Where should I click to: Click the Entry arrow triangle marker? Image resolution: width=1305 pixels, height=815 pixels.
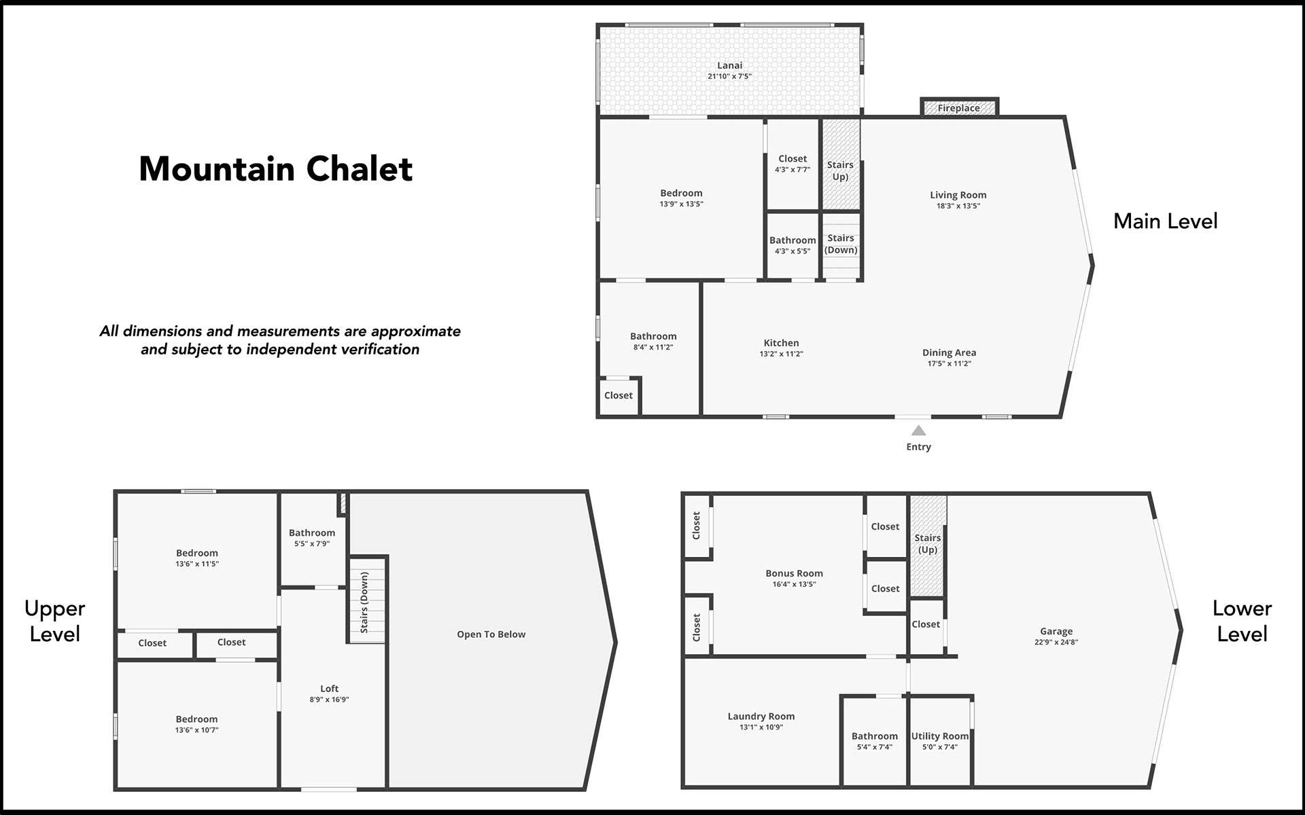tap(918, 431)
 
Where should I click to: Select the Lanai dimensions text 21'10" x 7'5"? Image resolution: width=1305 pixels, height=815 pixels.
tap(729, 77)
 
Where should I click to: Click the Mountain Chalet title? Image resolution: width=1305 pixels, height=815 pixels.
tap(276, 169)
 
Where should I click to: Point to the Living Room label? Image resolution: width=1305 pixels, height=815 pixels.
tap(958, 195)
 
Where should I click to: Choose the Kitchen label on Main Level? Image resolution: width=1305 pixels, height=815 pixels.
tap(781, 343)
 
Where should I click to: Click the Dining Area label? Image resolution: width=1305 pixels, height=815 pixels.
tap(949, 352)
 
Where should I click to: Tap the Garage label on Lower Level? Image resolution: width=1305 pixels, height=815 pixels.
tap(1056, 631)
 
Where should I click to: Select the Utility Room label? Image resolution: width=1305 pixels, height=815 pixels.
tap(940, 736)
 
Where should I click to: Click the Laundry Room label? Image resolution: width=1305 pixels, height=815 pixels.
tap(761, 717)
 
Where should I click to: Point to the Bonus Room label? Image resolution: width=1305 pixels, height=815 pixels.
tap(794, 573)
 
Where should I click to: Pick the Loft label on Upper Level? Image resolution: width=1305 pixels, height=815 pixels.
tap(329, 689)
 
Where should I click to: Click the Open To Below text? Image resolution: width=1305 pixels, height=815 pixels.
tap(491, 634)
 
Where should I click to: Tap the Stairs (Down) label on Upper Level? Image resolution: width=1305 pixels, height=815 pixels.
tap(364, 602)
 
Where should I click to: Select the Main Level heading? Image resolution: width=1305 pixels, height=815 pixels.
tap(1165, 221)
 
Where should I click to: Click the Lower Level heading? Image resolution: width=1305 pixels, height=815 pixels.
tap(1242, 621)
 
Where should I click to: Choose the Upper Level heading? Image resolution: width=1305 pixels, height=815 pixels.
tap(54, 621)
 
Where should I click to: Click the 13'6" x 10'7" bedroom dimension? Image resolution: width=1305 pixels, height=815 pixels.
tap(196, 730)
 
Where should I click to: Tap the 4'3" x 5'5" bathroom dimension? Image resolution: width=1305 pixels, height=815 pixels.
tap(793, 251)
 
